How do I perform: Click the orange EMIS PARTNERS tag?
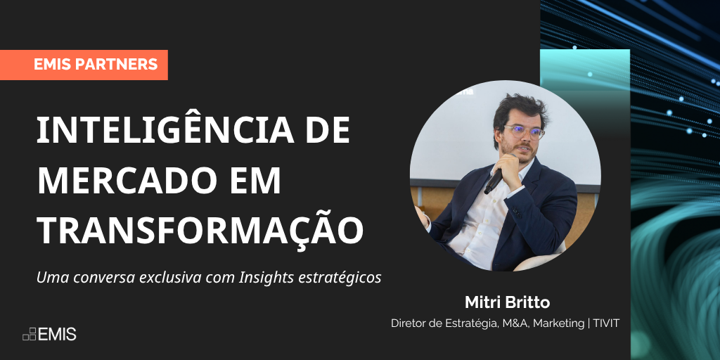[x=84, y=65]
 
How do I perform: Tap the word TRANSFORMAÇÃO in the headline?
[x=200, y=230]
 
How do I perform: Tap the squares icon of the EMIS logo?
[x=29, y=334]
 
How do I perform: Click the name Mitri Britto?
[x=507, y=302]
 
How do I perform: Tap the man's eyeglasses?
[x=524, y=132]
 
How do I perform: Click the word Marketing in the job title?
[x=558, y=324]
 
